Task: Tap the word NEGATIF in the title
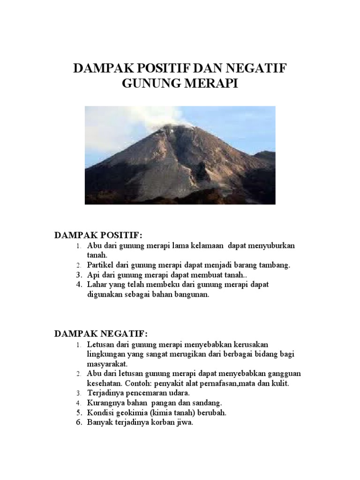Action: point(256,69)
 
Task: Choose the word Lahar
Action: point(96,285)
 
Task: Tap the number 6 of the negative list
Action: point(79,422)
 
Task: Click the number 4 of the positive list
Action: point(79,285)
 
